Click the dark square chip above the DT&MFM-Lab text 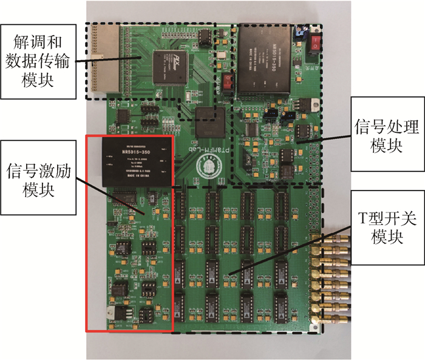[211, 119]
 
